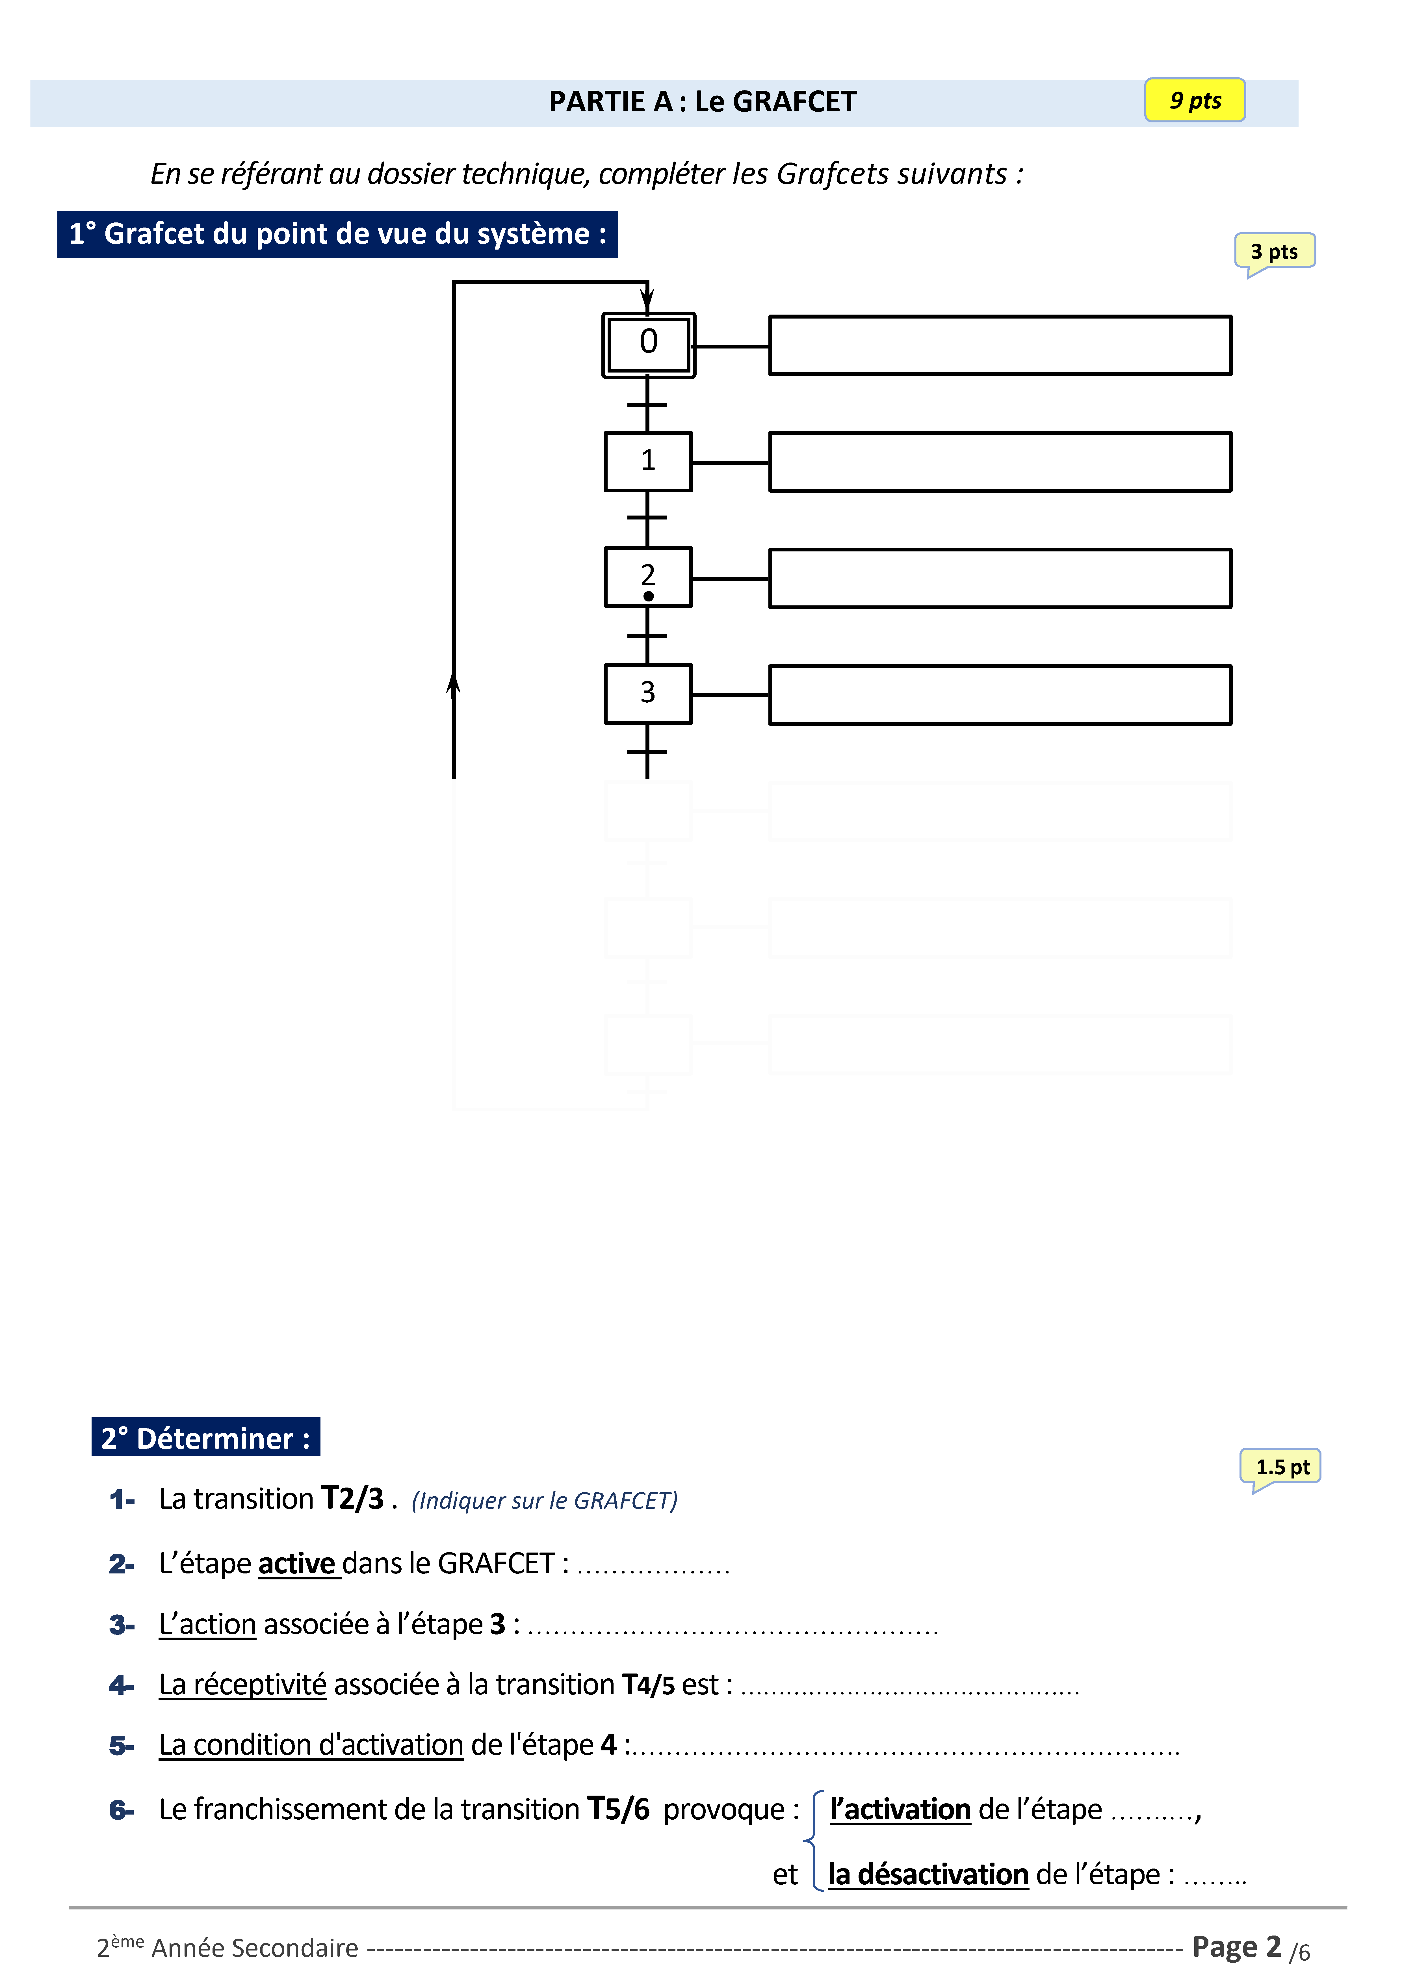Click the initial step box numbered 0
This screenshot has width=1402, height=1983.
click(648, 345)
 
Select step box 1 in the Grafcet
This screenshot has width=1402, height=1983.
click(648, 461)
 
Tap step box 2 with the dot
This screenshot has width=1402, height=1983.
click(648, 577)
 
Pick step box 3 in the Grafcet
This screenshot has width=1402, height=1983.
click(648, 694)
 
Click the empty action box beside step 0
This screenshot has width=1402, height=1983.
click(1000, 345)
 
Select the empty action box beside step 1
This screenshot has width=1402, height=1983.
click(1000, 462)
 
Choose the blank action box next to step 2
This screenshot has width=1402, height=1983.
click(1000, 578)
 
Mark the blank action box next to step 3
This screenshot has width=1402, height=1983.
click(1000, 694)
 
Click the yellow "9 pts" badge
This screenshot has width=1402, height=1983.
click(1195, 100)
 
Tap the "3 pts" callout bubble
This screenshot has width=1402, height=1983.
click(1274, 251)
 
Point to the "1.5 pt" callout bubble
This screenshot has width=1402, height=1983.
click(1282, 1467)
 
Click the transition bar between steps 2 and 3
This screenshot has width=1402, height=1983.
click(647, 636)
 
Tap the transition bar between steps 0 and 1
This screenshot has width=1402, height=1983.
click(647, 404)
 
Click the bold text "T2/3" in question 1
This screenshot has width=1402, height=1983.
click(352, 1499)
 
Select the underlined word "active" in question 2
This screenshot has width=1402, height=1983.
click(296, 1563)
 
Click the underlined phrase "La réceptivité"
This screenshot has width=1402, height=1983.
click(243, 1684)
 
